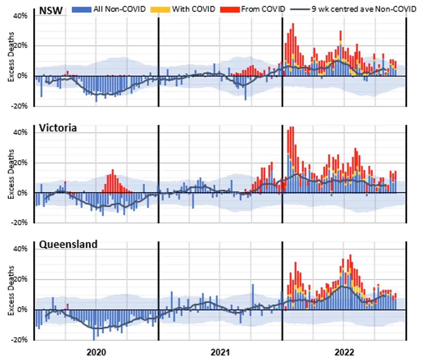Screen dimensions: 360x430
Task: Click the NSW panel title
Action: click(x=51, y=11)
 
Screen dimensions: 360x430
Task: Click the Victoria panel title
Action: click(x=58, y=128)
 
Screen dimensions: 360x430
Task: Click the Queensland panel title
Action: click(x=68, y=244)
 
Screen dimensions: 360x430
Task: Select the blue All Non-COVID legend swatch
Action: click(x=81, y=10)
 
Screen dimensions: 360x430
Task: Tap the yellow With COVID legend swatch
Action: click(x=160, y=10)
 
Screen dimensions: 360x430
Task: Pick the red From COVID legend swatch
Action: click(x=230, y=10)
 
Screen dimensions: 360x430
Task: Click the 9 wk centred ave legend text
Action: click(x=364, y=9)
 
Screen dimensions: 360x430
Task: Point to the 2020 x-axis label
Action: click(x=96, y=352)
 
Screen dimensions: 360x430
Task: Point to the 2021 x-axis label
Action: click(x=220, y=352)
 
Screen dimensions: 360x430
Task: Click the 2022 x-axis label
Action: click(x=344, y=352)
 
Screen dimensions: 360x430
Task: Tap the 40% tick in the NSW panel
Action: click(x=20, y=16)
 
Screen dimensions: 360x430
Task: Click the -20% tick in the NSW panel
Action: click(x=19, y=106)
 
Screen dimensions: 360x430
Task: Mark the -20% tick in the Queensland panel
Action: click(x=19, y=340)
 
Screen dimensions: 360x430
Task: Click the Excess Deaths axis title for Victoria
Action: click(x=11, y=174)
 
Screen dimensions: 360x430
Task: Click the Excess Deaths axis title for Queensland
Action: click(x=11, y=290)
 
